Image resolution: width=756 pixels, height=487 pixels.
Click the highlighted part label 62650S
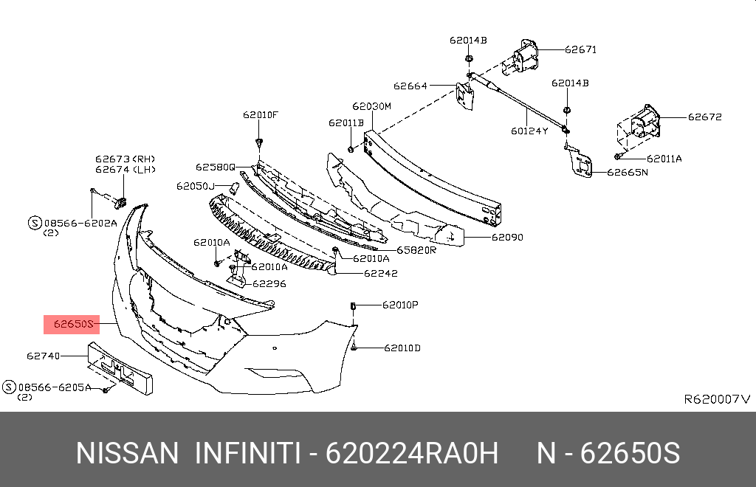[x=71, y=323]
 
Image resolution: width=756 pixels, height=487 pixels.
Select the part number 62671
[x=580, y=50]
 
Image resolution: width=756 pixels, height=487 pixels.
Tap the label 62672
[x=704, y=117]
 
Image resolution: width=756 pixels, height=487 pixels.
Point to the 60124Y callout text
[x=529, y=132]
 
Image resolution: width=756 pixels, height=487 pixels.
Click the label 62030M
[x=371, y=106]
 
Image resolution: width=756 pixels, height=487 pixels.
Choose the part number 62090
[x=507, y=238]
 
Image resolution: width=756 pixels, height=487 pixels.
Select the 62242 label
[x=380, y=273]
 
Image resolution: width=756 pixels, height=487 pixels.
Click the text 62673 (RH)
[x=125, y=159]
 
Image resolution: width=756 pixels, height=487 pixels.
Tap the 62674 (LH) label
[x=125, y=169]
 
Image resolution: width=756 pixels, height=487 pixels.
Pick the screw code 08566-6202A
[x=79, y=221]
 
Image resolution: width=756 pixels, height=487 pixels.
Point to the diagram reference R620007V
[x=716, y=399]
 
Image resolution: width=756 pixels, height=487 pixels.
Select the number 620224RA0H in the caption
[x=412, y=453]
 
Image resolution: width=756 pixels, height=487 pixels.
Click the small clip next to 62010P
[x=354, y=305]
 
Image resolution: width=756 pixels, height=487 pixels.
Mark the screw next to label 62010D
[x=354, y=346]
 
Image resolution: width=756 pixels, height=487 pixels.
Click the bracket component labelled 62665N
[x=580, y=164]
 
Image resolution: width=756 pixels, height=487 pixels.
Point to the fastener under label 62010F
[x=259, y=141]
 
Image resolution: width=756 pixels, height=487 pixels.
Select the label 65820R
[x=416, y=250]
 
